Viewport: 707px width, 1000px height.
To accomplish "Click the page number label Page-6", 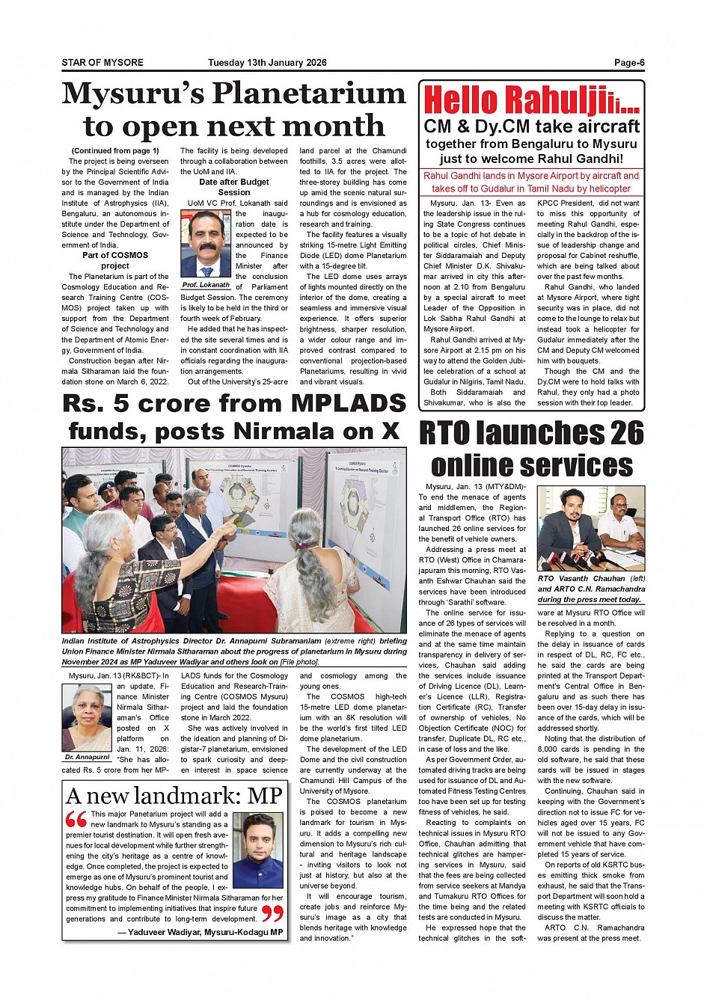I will tap(629, 63).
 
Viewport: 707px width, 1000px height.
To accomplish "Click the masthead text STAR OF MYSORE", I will tap(102, 63).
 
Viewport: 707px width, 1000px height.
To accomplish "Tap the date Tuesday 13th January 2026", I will tap(267, 63).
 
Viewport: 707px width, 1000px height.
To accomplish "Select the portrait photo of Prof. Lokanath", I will tap(206, 243).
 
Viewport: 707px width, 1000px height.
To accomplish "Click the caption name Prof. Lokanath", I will tap(206, 285).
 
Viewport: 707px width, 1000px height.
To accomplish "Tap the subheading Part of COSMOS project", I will tap(114, 260).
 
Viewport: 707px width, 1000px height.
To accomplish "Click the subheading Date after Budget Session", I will tap(234, 187).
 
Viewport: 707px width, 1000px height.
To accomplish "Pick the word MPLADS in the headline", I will tap(348, 404).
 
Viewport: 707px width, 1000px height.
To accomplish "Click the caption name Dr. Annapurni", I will tap(87, 758).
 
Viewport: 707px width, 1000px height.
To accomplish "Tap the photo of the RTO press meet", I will tap(591, 528).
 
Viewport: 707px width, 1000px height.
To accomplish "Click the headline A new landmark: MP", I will tap(174, 796).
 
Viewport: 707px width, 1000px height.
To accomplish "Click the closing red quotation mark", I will tap(272, 913).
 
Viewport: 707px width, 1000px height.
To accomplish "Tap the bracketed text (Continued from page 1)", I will tap(115, 150).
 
